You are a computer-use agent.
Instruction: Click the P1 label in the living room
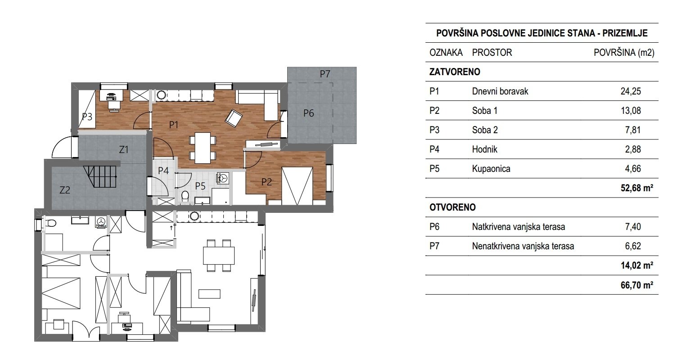(x=174, y=126)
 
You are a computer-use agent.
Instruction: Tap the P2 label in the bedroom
(x=266, y=182)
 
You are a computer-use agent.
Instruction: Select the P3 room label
(x=87, y=117)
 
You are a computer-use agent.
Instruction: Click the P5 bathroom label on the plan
(x=200, y=184)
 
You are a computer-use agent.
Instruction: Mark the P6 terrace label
(x=308, y=113)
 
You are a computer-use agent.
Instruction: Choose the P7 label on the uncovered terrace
(x=325, y=74)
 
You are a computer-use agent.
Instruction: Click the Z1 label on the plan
(x=124, y=150)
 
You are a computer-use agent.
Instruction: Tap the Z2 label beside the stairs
(x=65, y=190)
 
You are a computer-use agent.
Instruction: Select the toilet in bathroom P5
(x=184, y=196)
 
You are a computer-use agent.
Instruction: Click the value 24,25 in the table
(x=630, y=91)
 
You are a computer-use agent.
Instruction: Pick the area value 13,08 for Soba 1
(x=630, y=111)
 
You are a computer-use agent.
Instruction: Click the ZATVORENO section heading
(x=455, y=72)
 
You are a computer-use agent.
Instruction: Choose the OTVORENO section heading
(x=453, y=207)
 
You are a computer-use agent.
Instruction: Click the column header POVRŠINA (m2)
(x=624, y=53)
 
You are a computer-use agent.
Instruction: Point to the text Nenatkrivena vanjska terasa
(x=523, y=246)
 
